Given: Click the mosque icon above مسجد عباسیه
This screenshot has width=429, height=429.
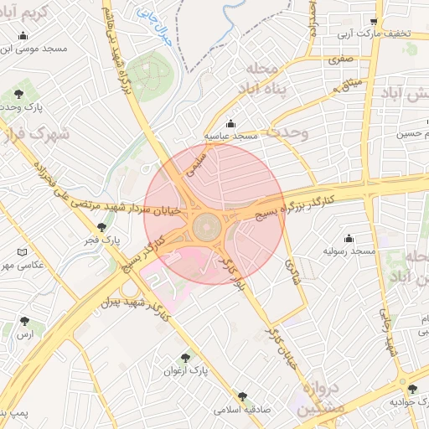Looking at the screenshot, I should click(232, 122).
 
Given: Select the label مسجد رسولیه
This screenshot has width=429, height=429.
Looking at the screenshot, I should click(349, 251).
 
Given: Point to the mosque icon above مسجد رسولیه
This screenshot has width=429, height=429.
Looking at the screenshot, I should click(349, 238).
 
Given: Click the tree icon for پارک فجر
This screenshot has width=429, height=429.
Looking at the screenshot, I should click(102, 227).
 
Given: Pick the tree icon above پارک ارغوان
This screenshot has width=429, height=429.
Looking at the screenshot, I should click(185, 357).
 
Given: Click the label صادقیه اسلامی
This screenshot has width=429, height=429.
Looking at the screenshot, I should click(240, 411).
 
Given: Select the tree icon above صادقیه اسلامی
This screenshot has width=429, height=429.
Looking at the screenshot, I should click(243, 396).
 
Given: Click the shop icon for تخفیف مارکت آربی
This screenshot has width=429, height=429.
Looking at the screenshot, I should click(375, 22).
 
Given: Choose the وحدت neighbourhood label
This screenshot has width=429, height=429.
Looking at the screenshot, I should click(290, 132).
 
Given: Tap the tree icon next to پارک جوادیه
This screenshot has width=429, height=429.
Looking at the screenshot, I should click(412, 388).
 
